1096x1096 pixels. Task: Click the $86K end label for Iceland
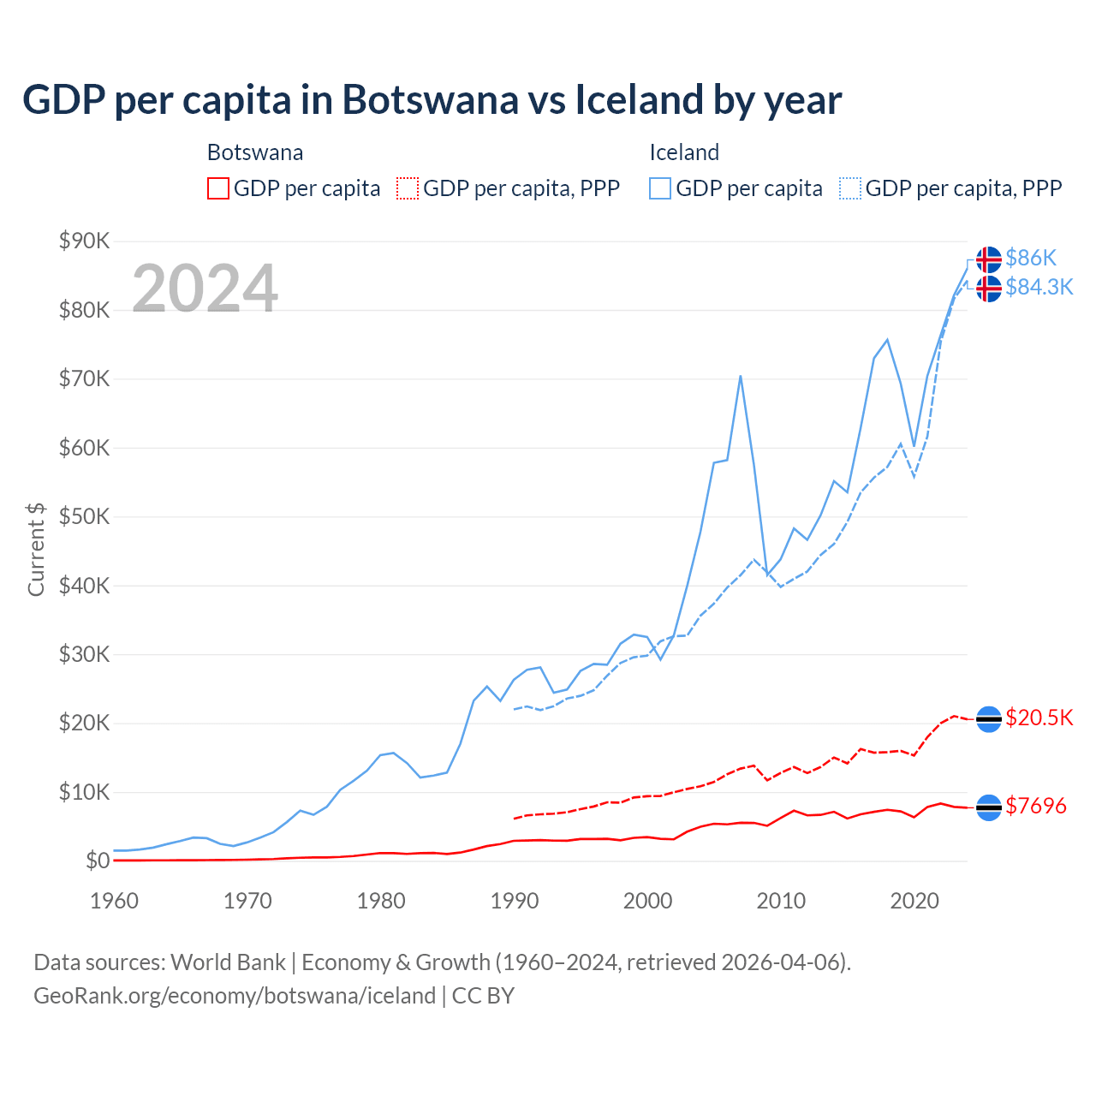pos(1031,258)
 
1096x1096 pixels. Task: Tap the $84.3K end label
pos(1039,287)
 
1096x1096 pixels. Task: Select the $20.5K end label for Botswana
pos(1039,718)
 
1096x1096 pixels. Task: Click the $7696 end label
pos(1035,806)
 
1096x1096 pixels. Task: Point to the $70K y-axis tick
pos(84,378)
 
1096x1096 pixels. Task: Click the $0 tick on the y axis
pos(98,861)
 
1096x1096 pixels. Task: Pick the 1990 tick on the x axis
pos(515,901)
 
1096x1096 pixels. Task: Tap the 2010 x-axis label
pos(781,901)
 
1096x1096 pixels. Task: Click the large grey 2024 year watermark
pos(205,288)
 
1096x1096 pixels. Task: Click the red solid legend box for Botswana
pos(218,188)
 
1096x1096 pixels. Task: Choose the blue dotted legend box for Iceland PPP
pos(850,188)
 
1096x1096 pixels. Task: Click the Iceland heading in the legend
pos(683,152)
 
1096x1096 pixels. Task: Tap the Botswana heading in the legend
pos(255,152)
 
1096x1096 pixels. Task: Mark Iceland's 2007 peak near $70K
pos(740,376)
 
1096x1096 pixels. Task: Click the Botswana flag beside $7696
pos(989,807)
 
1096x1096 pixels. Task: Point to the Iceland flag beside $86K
pos(989,259)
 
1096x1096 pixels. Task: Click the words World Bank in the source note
pos(228,962)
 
